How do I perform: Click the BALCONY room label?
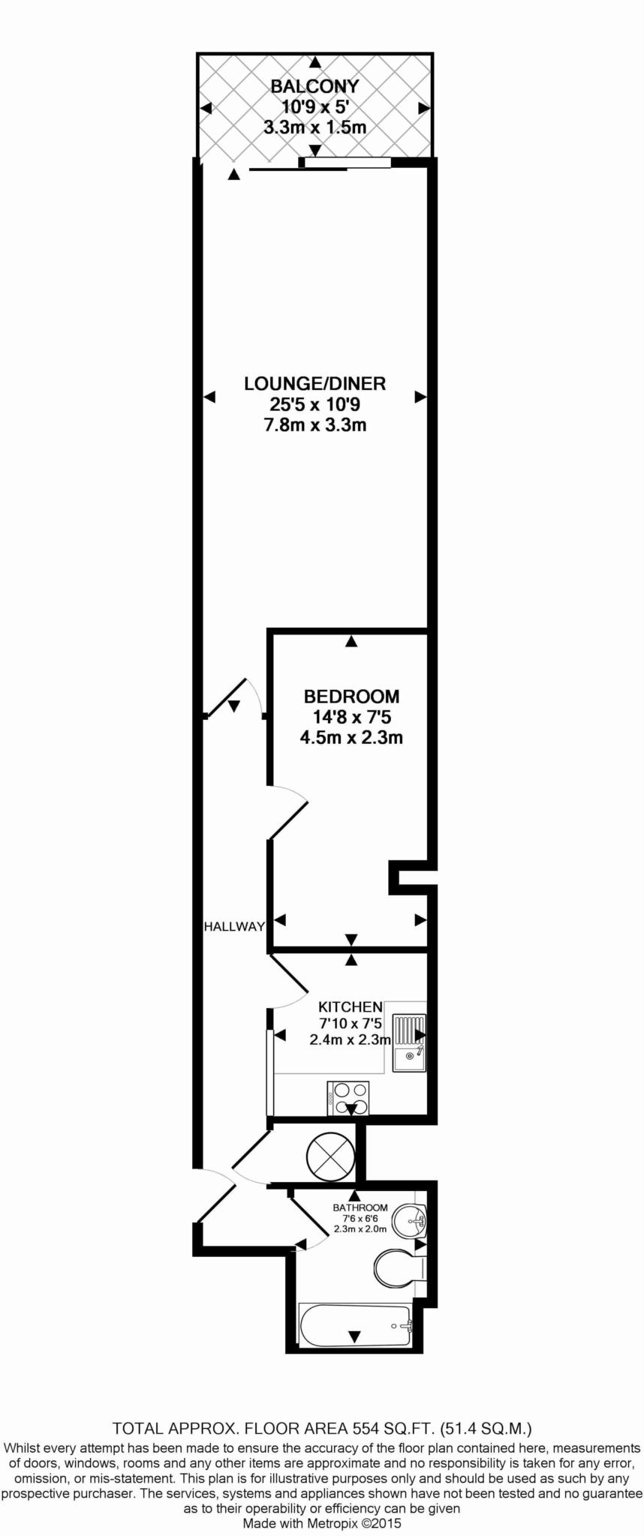pyautogui.click(x=314, y=86)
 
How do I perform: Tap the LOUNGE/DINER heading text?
pyautogui.click(x=314, y=384)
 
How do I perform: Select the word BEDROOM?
pyautogui.click(x=351, y=697)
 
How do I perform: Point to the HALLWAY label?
pyautogui.click(x=234, y=927)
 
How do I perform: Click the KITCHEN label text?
pyautogui.click(x=351, y=1007)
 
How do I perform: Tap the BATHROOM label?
pyautogui.click(x=360, y=1208)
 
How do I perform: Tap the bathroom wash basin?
pyautogui.click(x=411, y=1221)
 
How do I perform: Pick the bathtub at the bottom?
pyautogui.click(x=356, y=1325)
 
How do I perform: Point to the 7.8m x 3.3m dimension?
pyautogui.click(x=314, y=426)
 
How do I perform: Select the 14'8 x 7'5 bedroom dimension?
pyautogui.click(x=351, y=717)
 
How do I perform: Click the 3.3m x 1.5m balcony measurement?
pyautogui.click(x=314, y=127)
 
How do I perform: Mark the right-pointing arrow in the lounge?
pyautogui.click(x=421, y=397)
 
